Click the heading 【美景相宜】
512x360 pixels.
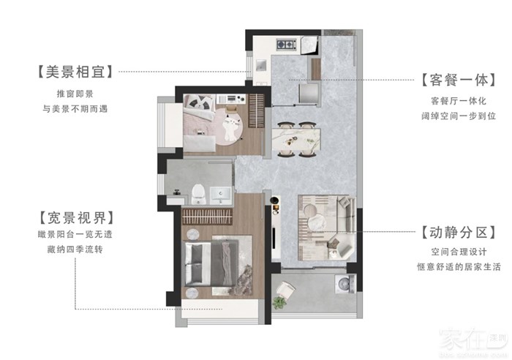75,72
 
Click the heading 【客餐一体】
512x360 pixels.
459,80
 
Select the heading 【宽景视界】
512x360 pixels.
76,218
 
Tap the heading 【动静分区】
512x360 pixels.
459,232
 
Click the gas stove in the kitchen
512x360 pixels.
287,45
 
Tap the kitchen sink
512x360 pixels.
261,65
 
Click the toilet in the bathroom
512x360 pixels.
198,194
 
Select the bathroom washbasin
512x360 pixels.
220,195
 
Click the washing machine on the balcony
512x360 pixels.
345,284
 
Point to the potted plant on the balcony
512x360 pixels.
279,302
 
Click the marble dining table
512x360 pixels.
296,139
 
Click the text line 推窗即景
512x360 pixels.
75,94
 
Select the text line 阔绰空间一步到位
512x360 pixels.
459,116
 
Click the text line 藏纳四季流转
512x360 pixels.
75,250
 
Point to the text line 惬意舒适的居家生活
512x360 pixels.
459,267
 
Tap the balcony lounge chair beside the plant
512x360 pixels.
285,290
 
